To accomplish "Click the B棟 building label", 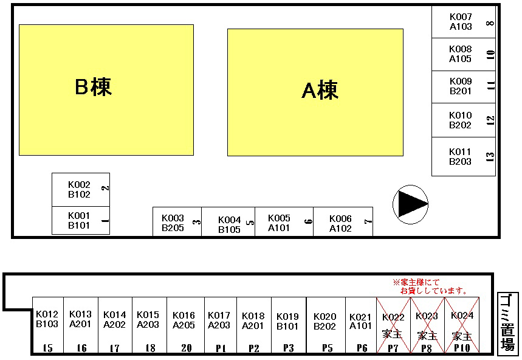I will point(93,88).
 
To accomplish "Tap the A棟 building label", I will point(320,91).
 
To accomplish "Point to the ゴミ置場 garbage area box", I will point(507,323).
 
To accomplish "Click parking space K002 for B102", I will point(80,190).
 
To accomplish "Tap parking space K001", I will point(80,220).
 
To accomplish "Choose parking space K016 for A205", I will point(184,320).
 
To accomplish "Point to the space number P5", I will point(328,348).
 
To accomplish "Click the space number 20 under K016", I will point(185,348).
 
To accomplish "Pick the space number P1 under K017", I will point(220,348).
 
